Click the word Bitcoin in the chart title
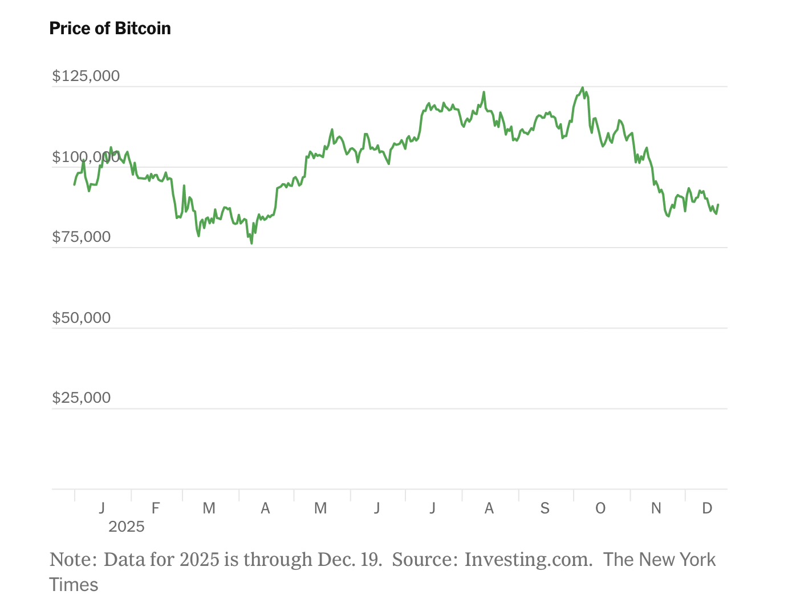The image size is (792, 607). coord(143,29)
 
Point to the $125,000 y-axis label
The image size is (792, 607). coord(86,76)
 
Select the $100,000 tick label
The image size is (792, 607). coord(86,157)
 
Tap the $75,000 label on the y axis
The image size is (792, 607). coord(82,237)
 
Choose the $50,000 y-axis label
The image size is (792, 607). coord(82,318)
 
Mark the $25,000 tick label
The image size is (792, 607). coord(82,398)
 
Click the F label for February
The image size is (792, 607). coord(156,508)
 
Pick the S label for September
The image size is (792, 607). coord(545,508)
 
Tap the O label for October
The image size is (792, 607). coord(600,508)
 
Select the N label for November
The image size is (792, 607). coord(656,508)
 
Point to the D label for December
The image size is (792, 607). coord(707,508)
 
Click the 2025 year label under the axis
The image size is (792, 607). coord(127,527)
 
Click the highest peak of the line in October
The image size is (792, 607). coord(582,88)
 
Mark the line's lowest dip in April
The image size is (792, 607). coord(251,244)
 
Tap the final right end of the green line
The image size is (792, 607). coord(718,204)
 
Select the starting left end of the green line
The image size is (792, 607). coord(74,185)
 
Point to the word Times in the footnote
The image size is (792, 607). coord(74,585)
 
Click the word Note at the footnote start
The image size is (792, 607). coord(71,560)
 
